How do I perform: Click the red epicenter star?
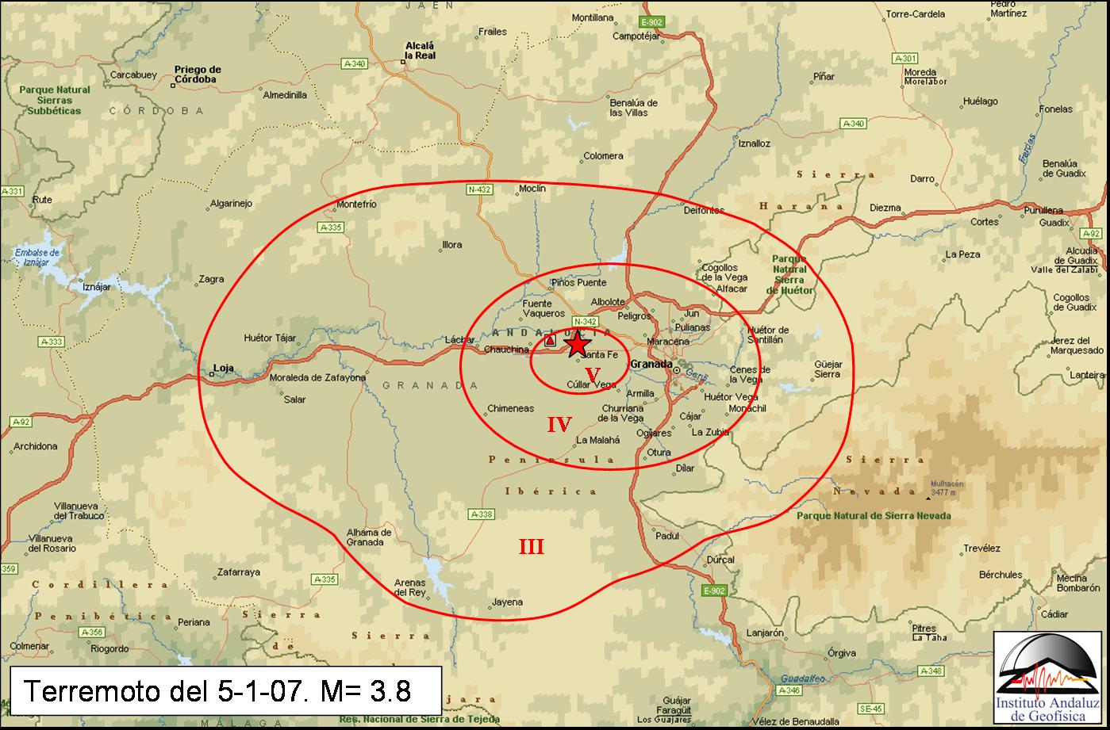pos(577,344)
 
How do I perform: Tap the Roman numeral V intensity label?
pos(592,373)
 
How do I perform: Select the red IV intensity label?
pos(559,424)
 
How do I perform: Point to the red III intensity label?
pos(531,546)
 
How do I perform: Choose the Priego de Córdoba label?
pos(197,75)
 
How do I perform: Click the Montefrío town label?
pos(356,204)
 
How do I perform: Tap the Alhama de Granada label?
pos(365,537)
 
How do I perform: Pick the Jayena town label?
pos(508,602)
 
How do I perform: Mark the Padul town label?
pos(667,536)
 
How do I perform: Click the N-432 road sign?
pos(479,189)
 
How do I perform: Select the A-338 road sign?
pos(482,514)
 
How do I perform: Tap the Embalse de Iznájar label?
pos(37,257)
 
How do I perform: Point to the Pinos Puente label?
pos(578,283)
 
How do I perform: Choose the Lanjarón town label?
pos(765,633)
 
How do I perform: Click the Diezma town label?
pos(885,208)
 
